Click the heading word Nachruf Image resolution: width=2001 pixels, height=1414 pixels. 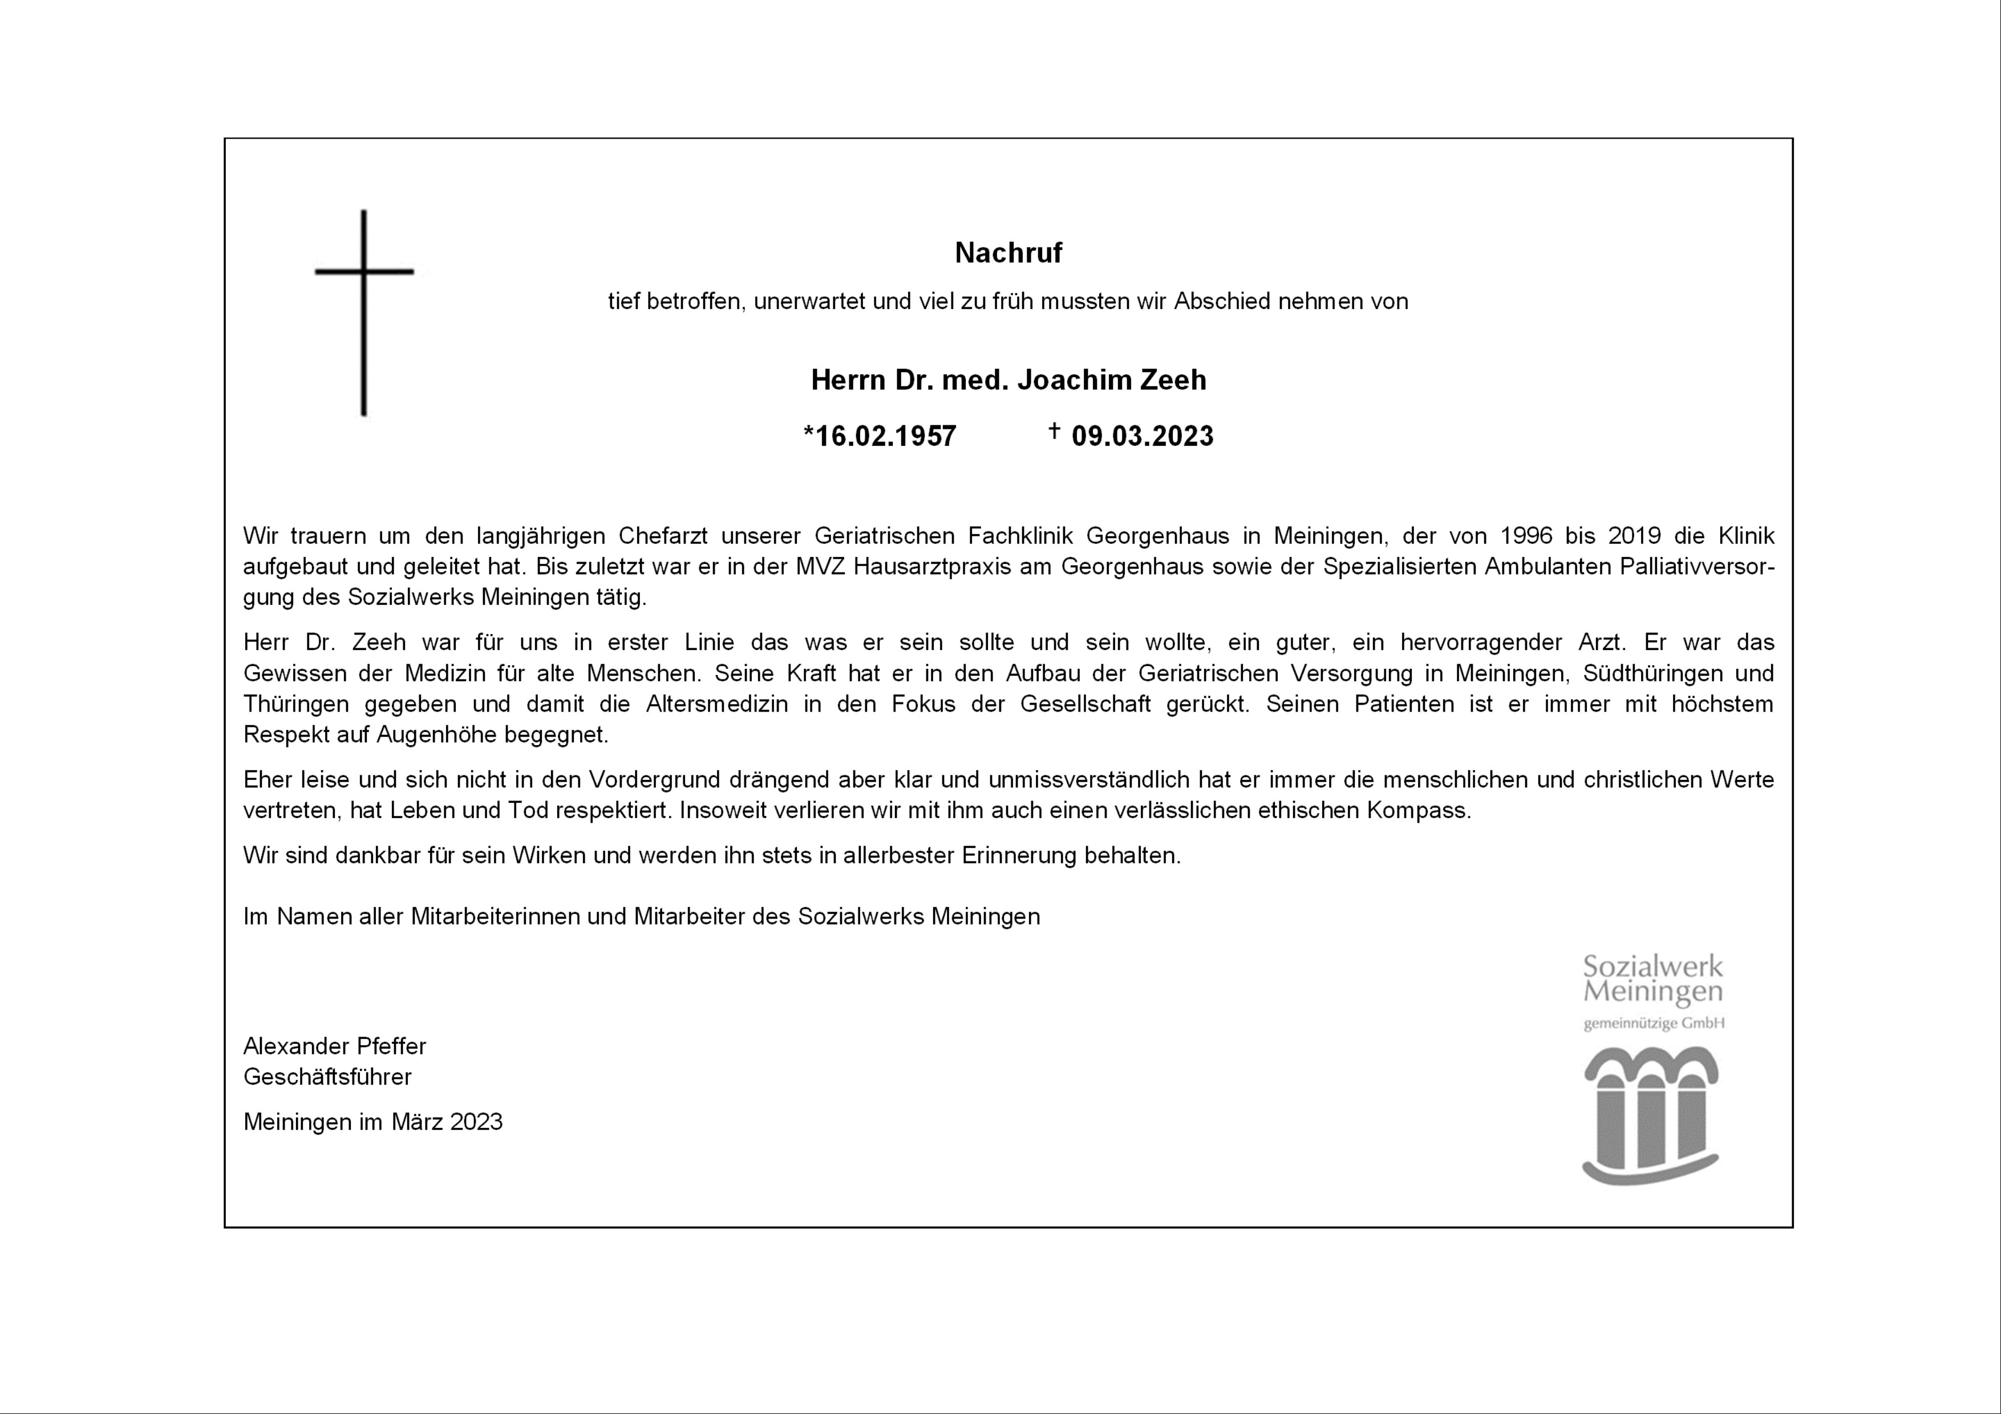point(1008,253)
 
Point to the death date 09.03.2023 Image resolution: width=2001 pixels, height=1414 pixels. point(1142,436)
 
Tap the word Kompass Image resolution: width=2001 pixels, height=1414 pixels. point(1418,810)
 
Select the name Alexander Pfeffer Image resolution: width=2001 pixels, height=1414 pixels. point(335,1046)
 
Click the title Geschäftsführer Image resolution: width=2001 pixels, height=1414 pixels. point(327,1077)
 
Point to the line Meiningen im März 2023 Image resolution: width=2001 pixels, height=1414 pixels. point(373,1122)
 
